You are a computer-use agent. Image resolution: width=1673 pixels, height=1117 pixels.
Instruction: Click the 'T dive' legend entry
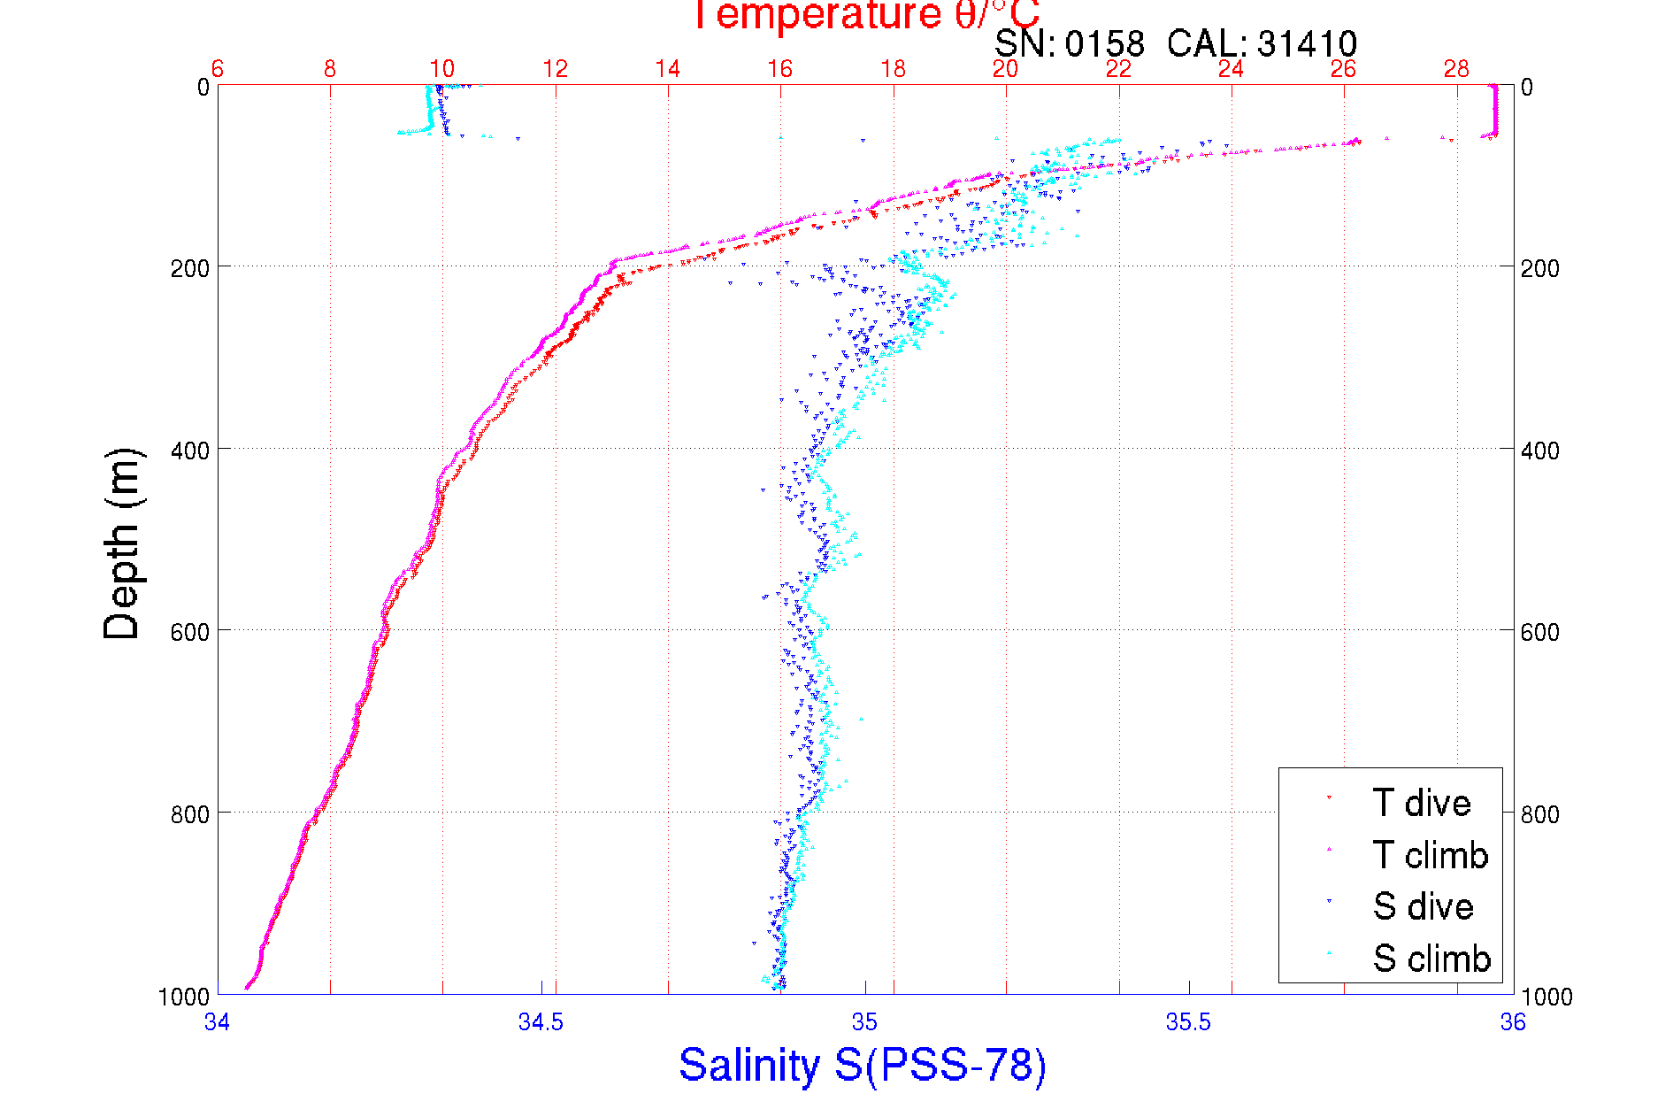1421,803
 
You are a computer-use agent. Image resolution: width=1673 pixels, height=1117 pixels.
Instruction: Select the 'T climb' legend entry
1430,855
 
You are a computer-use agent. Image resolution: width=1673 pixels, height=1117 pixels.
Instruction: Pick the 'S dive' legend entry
1423,906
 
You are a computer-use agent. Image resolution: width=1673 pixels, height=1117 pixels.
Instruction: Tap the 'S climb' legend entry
1431,959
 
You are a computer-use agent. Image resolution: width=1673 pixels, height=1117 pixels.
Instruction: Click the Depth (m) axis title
122,543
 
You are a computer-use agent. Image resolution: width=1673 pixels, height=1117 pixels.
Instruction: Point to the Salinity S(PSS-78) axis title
863,1065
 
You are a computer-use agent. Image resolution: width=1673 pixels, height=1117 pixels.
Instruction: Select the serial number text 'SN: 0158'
1069,43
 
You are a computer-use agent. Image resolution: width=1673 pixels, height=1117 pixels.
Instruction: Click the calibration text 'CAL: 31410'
1262,43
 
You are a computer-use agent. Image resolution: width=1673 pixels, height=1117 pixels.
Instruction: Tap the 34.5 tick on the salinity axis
541,1022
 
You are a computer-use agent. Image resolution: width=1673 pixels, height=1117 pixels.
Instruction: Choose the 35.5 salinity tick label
1188,1022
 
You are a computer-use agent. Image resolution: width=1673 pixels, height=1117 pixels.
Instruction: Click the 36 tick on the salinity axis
1512,1022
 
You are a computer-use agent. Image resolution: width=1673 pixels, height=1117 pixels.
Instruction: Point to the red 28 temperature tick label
1456,69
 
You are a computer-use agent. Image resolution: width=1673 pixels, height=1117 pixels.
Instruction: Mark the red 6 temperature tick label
218,69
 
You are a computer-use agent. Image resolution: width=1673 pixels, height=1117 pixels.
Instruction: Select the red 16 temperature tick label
780,69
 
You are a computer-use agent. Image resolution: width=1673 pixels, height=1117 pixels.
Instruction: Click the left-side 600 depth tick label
189,632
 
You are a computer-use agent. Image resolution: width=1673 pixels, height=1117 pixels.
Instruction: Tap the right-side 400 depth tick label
1539,451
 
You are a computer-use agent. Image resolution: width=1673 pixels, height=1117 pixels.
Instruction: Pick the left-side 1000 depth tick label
184,997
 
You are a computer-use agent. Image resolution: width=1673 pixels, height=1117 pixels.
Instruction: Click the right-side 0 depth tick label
1527,87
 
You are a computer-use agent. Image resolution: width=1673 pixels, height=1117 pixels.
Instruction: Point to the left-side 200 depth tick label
189,268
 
